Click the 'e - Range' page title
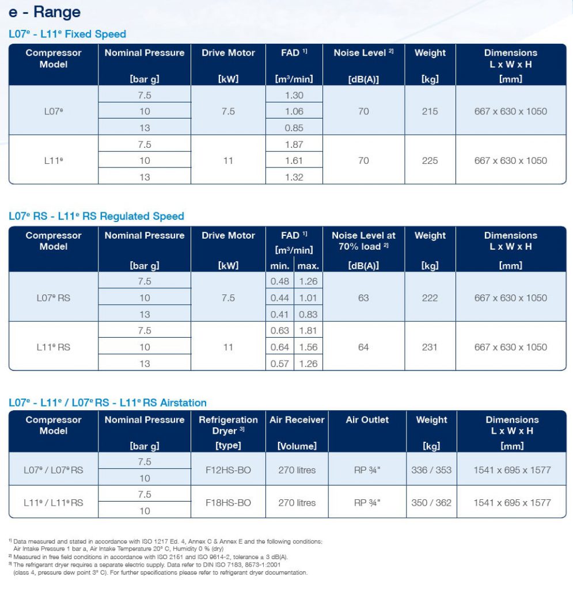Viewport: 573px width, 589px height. (44, 12)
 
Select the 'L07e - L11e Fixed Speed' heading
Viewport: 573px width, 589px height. (67, 34)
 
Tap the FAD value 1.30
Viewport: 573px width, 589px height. (294, 95)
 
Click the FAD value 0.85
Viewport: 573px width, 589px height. (294, 128)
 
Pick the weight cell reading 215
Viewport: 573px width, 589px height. (430, 112)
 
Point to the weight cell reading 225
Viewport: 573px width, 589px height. (430, 161)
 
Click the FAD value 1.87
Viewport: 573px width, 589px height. (294, 144)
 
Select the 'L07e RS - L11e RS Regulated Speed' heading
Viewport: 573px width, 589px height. (96, 216)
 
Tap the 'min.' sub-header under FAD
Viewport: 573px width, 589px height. (280, 266)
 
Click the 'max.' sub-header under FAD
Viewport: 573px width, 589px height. (308, 266)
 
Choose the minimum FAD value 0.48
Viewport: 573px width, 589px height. (280, 281)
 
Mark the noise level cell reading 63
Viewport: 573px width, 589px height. (363, 298)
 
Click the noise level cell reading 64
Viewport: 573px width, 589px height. (363, 347)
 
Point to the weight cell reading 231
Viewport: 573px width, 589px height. (430, 347)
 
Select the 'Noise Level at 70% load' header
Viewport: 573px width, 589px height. (363, 241)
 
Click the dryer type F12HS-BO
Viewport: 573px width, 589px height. (228, 470)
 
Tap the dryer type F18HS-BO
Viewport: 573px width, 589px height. (228, 503)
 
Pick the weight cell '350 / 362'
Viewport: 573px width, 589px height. (431, 503)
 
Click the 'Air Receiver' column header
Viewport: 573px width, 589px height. (297, 419)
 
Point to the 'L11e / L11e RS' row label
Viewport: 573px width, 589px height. (54, 503)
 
